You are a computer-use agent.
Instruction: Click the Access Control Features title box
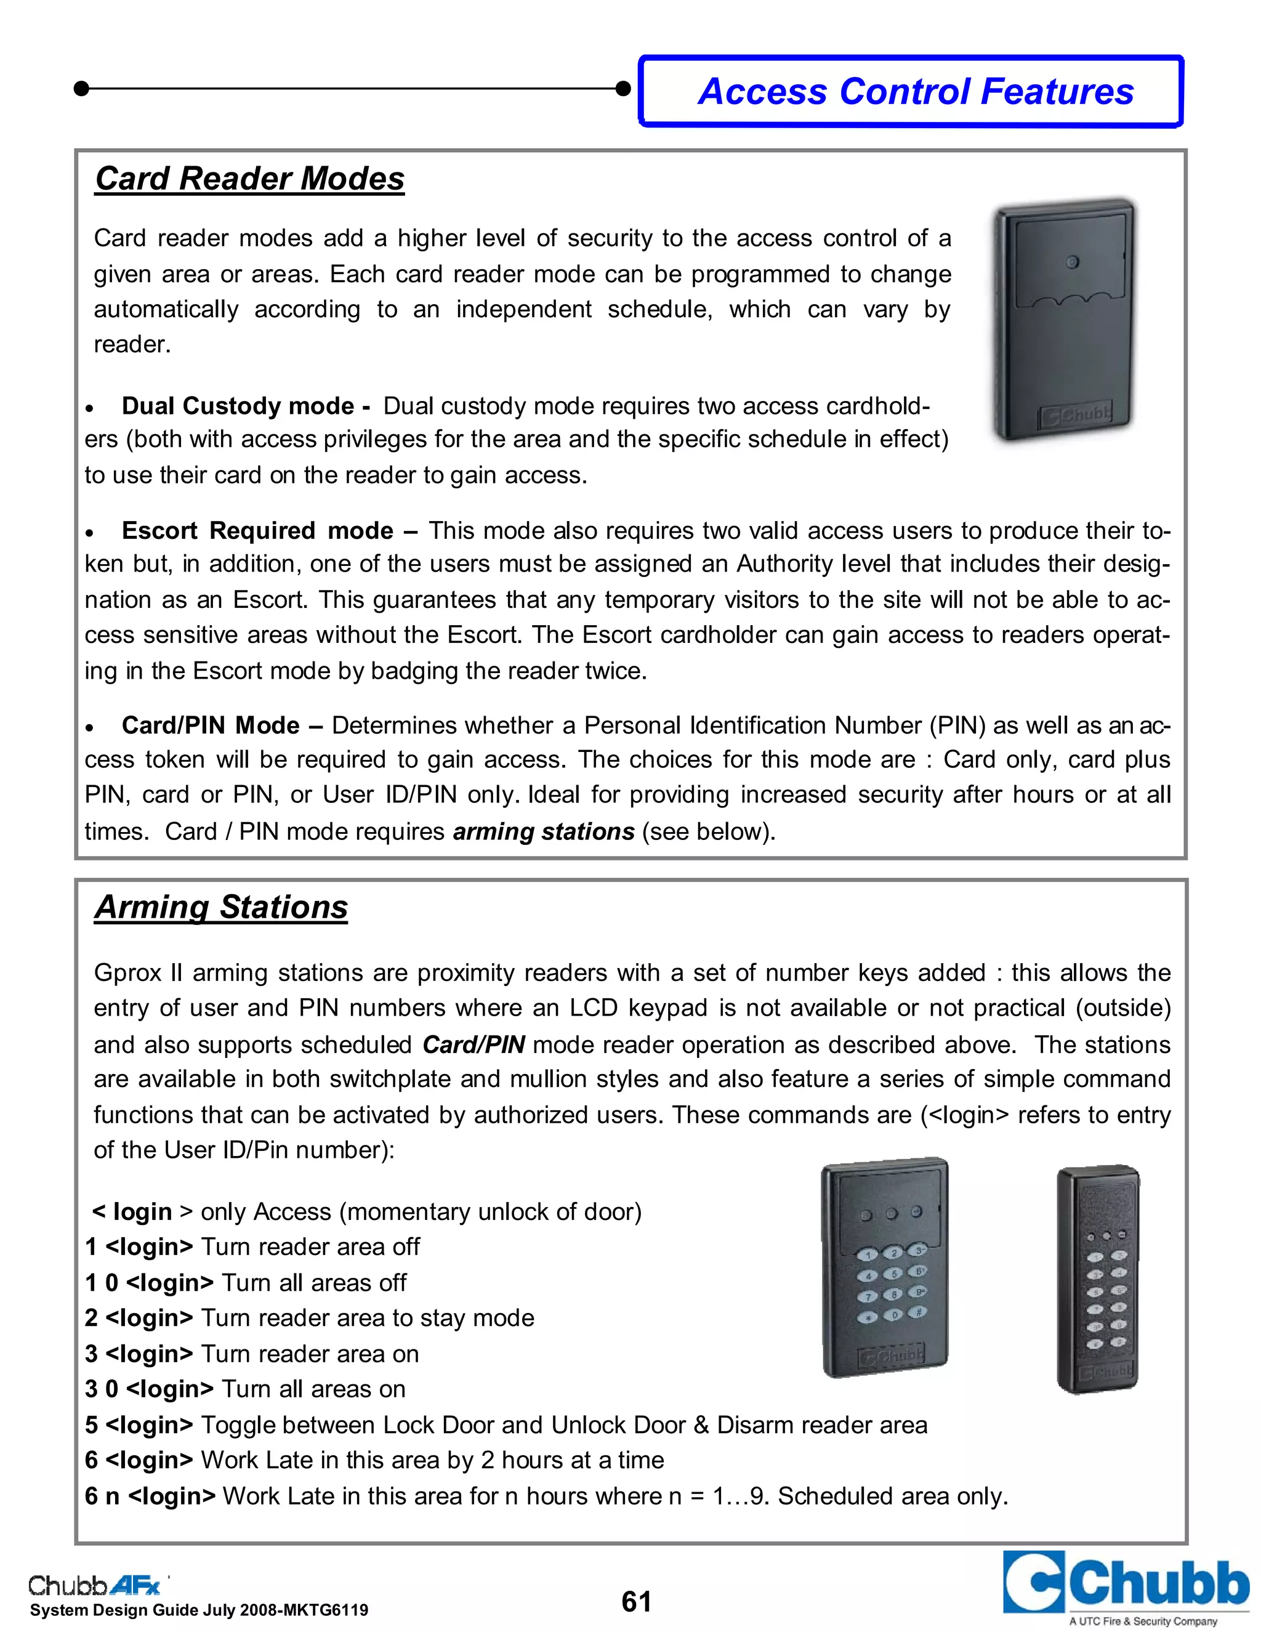tap(911, 91)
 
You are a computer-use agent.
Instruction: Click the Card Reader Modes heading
tap(249, 179)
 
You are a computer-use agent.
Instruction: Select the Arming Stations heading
tap(221, 907)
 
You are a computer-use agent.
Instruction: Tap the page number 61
tap(635, 1601)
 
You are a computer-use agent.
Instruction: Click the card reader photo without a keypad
tap(1063, 320)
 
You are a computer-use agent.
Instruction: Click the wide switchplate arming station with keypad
tap(885, 1269)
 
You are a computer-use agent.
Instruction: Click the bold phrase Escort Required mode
tap(257, 530)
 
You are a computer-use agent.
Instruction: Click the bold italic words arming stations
tap(543, 831)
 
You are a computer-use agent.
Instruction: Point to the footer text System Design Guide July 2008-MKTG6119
tap(199, 1611)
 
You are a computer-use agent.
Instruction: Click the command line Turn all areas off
tap(245, 1283)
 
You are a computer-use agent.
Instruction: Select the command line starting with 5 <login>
tap(506, 1425)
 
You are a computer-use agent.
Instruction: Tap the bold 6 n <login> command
tap(150, 1497)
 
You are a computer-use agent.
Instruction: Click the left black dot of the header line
tap(82, 89)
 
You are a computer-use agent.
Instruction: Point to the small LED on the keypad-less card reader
tap(1072, 262)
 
